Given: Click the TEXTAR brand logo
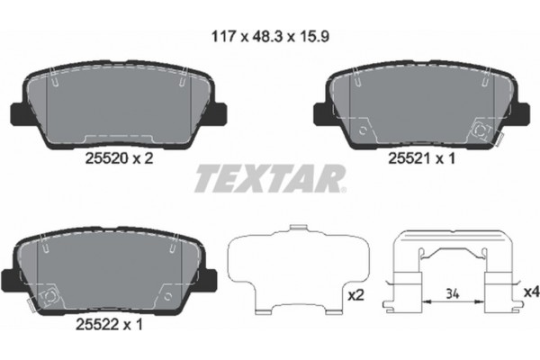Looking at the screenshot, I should click(x=269, y=179).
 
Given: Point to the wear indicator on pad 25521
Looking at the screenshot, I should click(x=481, y=131).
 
